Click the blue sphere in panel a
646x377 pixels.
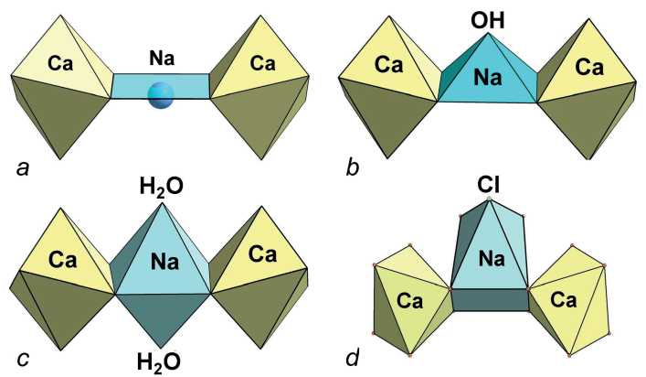(x=161, y=94)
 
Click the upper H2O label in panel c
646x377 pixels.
(x=162, y=187)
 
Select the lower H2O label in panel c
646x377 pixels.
(x=162, y=359)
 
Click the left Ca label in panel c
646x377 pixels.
(x=62, y=260)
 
